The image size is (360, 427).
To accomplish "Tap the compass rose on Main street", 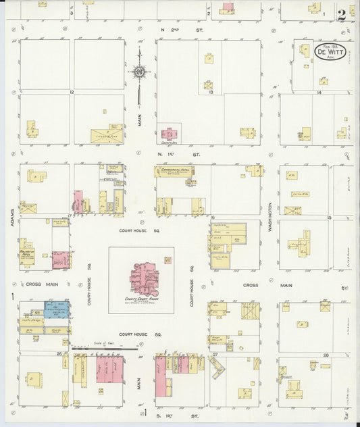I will point(139,71).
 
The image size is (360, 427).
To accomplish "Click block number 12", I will point(70,91).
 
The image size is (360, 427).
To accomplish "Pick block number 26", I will point(59,353).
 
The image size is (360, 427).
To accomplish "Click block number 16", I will point(212,218).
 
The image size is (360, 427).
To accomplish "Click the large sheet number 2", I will point(343,13).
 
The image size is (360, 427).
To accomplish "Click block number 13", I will point(211,92).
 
